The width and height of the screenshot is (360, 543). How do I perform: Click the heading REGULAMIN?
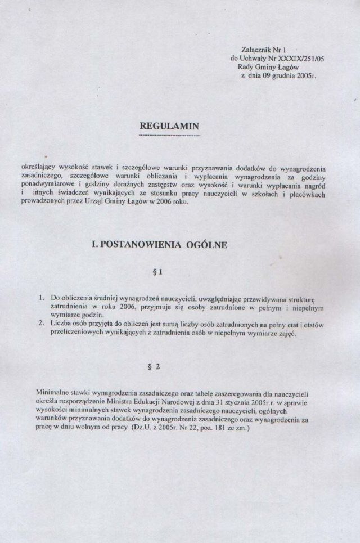pos(169,127)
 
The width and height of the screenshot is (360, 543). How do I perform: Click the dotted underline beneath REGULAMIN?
pos(169,136)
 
